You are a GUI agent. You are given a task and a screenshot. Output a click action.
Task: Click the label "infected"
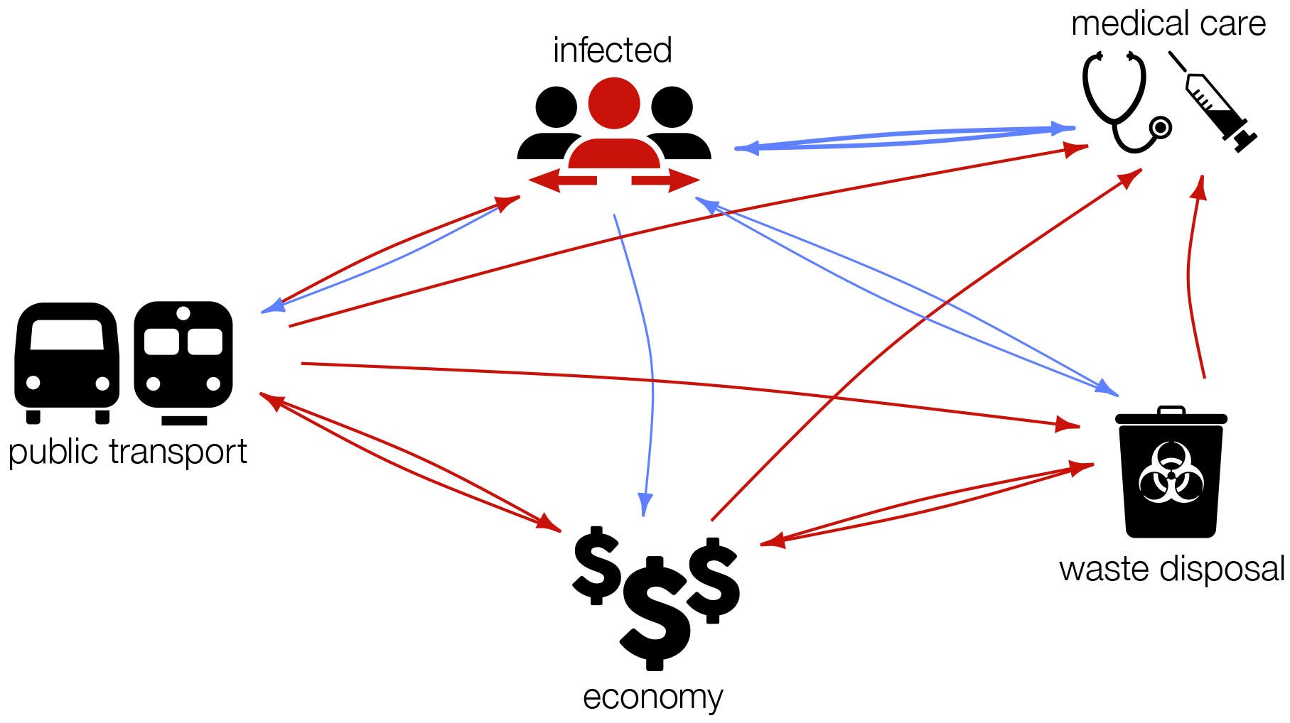(612, 50)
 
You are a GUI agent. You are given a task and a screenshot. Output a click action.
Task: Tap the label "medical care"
(1168, 23)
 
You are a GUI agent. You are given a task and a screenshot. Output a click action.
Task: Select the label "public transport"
(127, 452)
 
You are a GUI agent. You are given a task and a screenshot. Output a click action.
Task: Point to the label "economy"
(652, 697)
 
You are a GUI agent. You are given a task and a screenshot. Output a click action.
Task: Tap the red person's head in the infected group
(614, 103)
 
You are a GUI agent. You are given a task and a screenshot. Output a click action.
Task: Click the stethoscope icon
(1123, 103)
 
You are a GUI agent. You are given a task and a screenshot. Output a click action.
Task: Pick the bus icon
(67, 362)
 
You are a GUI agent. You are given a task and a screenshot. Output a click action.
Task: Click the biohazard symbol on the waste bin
(1171, 472)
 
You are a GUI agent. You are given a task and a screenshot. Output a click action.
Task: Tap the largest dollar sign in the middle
(655, 612)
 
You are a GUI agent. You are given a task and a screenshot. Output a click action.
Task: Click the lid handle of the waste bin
(1171, 411)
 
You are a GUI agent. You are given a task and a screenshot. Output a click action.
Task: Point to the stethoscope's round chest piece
(1161, 127)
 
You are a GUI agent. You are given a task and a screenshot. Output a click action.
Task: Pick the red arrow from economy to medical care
(924, 320)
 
